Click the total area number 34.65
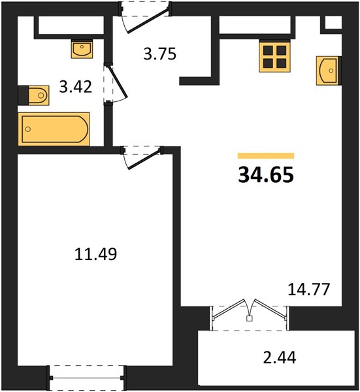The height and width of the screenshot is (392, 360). pyautogui.click(x=266, y=174)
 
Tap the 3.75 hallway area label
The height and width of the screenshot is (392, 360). pyautogui.click(x=160, y=54)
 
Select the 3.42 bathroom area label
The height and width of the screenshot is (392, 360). pyautogui.click(x=76, y=88)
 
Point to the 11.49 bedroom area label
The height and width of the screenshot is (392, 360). pyautogui.click(x=96, y=254)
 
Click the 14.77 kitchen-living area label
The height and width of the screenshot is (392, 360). pyautogui.click(x=309, y=289)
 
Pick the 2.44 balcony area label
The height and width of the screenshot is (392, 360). pyautogui.click(x=280, y=357)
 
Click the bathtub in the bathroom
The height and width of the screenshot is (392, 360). pyautogui.click(x=54, y=129)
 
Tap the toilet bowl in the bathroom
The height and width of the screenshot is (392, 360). pyautogui.click(x=39, y=95)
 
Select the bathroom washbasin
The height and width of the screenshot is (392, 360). pyautogui.click(x=82, y=50)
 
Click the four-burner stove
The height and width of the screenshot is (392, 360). pyautogui.click(x=275, y=57)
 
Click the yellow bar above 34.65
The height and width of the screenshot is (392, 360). pyautogui.click(x=266, y=155)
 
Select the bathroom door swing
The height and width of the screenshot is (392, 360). pyautogui.click(x=116, y=84)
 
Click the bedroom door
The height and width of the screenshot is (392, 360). pyautogui.click(x=142, y=157)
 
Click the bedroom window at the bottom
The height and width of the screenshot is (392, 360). pyautogui.click(x=86, y=378)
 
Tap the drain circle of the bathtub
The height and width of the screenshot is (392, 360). pyautogui.click(x=28, y=129)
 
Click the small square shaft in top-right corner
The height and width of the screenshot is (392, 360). pyautogui.click(x=333, y=23)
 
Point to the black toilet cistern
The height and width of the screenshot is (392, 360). pyautogui.click(x=24, y=95)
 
